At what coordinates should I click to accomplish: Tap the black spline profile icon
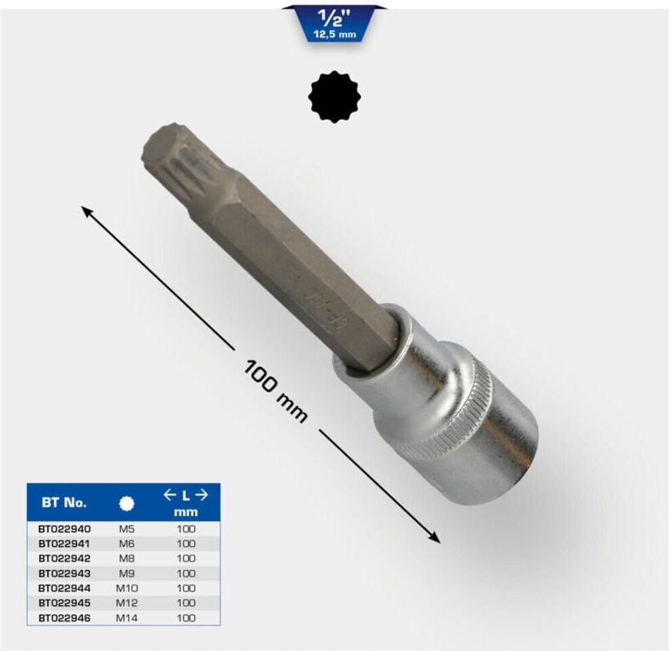[x=334, y=97]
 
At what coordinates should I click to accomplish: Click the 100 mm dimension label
[x=275, y=390]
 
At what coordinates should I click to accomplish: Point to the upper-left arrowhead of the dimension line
[x=86, y=209]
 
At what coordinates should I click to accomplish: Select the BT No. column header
[x=64, y=502]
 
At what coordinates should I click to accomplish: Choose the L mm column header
[x=185, y=503]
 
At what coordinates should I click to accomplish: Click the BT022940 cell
[x=64, y=529]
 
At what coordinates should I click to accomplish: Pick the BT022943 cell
[x=64, y=573]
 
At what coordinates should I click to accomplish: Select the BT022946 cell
[x=64, y=618]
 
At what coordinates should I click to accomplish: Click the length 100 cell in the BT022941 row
[x=185, y=544]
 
